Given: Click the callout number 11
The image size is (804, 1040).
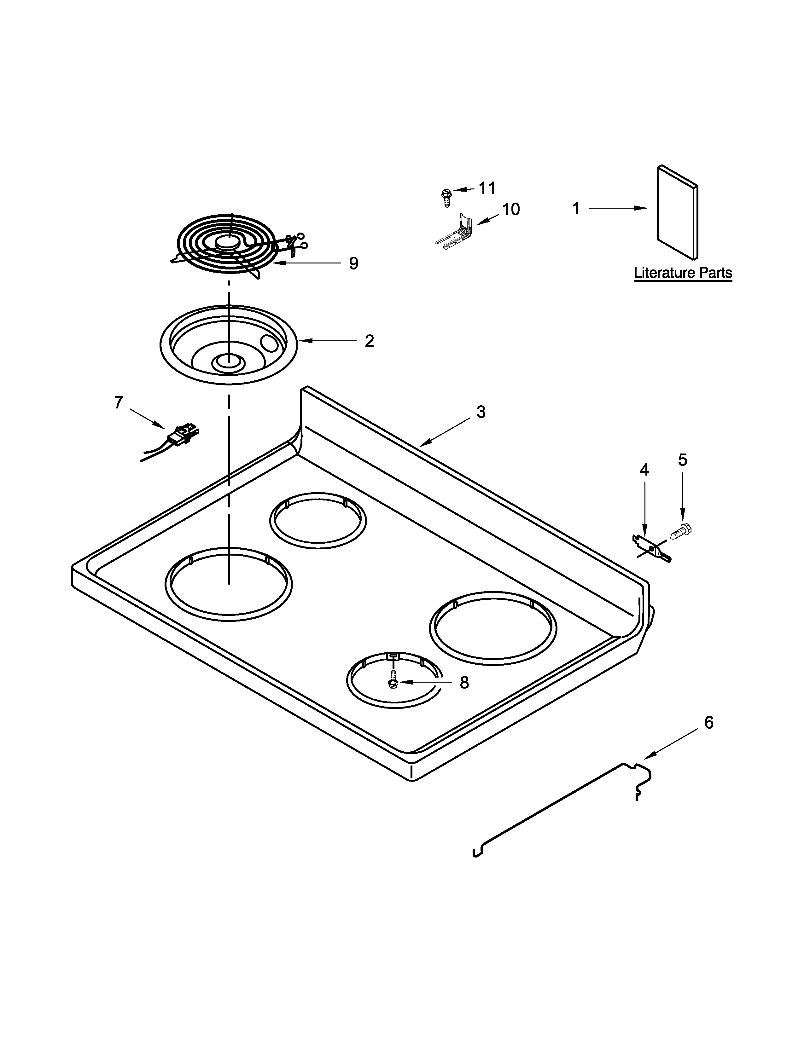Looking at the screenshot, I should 487,188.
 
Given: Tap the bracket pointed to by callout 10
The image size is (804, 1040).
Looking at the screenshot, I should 455,233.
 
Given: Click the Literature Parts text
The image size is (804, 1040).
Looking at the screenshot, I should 683,273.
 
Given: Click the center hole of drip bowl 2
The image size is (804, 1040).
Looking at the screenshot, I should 227,362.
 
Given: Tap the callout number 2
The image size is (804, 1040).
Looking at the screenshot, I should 369,341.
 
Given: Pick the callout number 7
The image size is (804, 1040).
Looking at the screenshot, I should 119,403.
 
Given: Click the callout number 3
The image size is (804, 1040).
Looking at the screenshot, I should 481,412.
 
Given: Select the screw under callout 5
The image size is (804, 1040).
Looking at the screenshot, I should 681,530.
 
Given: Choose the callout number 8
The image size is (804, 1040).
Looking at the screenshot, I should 464,683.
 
